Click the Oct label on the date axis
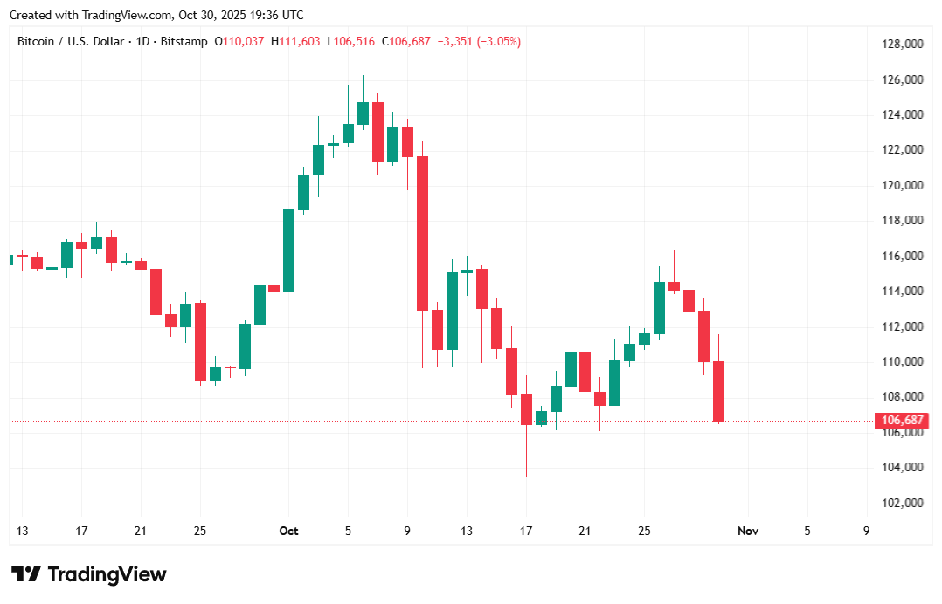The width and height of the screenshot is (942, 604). pos(288,531)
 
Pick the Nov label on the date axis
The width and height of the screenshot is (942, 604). pos(747,531)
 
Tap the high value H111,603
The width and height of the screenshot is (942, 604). pos(295,42)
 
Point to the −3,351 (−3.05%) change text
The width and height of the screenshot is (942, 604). pos(479,42)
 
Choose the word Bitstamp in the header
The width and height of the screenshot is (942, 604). pos(185,42)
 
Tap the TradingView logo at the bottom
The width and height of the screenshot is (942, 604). pos(88,574)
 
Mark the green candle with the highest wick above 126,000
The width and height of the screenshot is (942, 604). pos(363,113)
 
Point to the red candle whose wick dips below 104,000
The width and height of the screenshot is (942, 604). pos(526,409)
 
